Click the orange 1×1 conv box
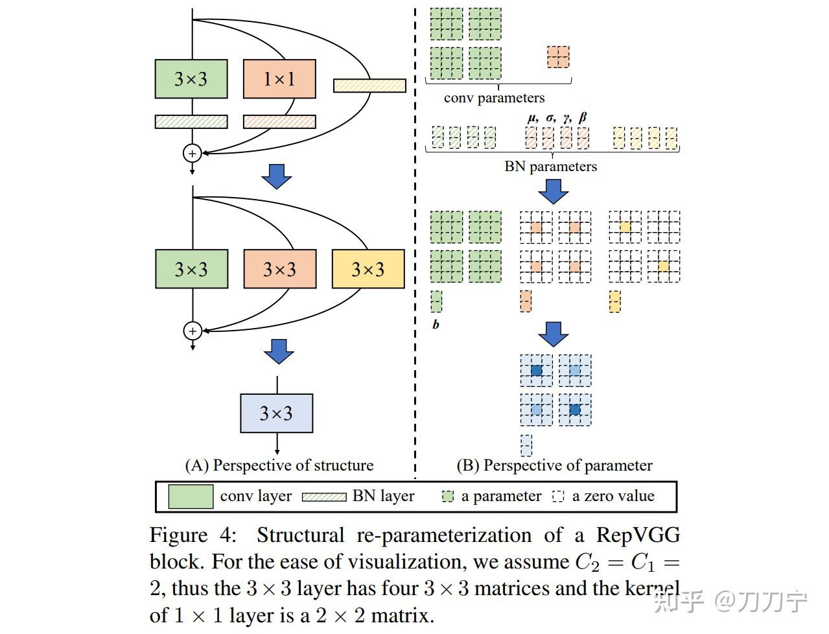[x=279, y=79]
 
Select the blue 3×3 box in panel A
[x=277, y=413]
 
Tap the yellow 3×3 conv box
[x=368, y=269]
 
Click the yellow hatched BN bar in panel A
[x=369, y=86]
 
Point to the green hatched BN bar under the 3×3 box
[x=191, y=122]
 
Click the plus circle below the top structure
[x=193, y=154]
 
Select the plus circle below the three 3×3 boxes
[x=193, y=331]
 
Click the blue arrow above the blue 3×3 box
[x=279, y=351]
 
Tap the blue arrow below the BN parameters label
[x=554, y=192]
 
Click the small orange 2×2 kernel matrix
[x=558, y=57]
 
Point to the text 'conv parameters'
[x=495, y=98]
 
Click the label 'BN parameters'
[x=551, y=167]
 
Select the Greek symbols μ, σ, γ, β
[x=557, y=118]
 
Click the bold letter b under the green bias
[x=436, y=324]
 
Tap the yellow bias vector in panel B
[x=615, y=301]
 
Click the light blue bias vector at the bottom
[x=526, y=445]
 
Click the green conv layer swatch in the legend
[x=191, y=497]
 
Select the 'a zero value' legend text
[x=613, y=496]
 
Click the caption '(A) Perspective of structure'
[x=279, y=465]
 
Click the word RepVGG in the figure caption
[x=638, y=535]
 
